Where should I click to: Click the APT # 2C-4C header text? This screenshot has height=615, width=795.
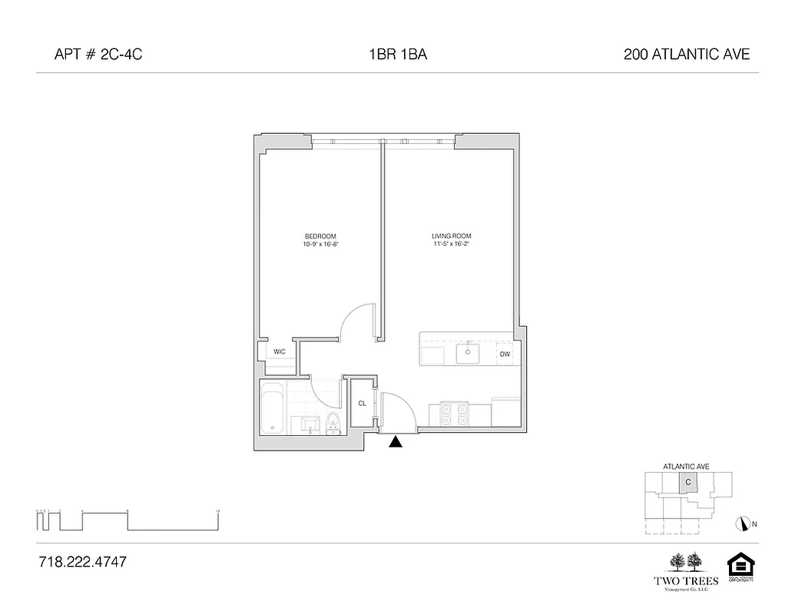pos(98,55)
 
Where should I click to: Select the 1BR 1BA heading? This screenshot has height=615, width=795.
pos(397,55)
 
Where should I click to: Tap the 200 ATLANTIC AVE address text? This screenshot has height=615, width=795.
pos(687,55)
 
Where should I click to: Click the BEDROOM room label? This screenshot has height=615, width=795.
pos(320,236)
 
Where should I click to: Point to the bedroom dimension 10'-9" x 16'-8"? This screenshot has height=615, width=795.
pos(320,244)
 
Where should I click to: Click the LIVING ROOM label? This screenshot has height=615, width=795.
pos(451,236)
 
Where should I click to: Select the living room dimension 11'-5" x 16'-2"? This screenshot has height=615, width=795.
pos(451,244)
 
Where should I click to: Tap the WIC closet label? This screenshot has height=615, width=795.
pos(280,351)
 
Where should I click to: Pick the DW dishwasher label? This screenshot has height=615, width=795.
pos(505,354)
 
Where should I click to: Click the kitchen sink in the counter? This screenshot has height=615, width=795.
pos(468,354)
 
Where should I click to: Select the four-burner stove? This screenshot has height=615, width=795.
pos(453,414)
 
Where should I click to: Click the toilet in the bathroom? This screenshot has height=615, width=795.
pos(333,423)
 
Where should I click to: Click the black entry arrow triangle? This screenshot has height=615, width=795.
pos(396,442)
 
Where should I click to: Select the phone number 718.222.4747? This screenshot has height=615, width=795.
pos(82,562)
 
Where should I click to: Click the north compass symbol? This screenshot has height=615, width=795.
pos(742,524)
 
